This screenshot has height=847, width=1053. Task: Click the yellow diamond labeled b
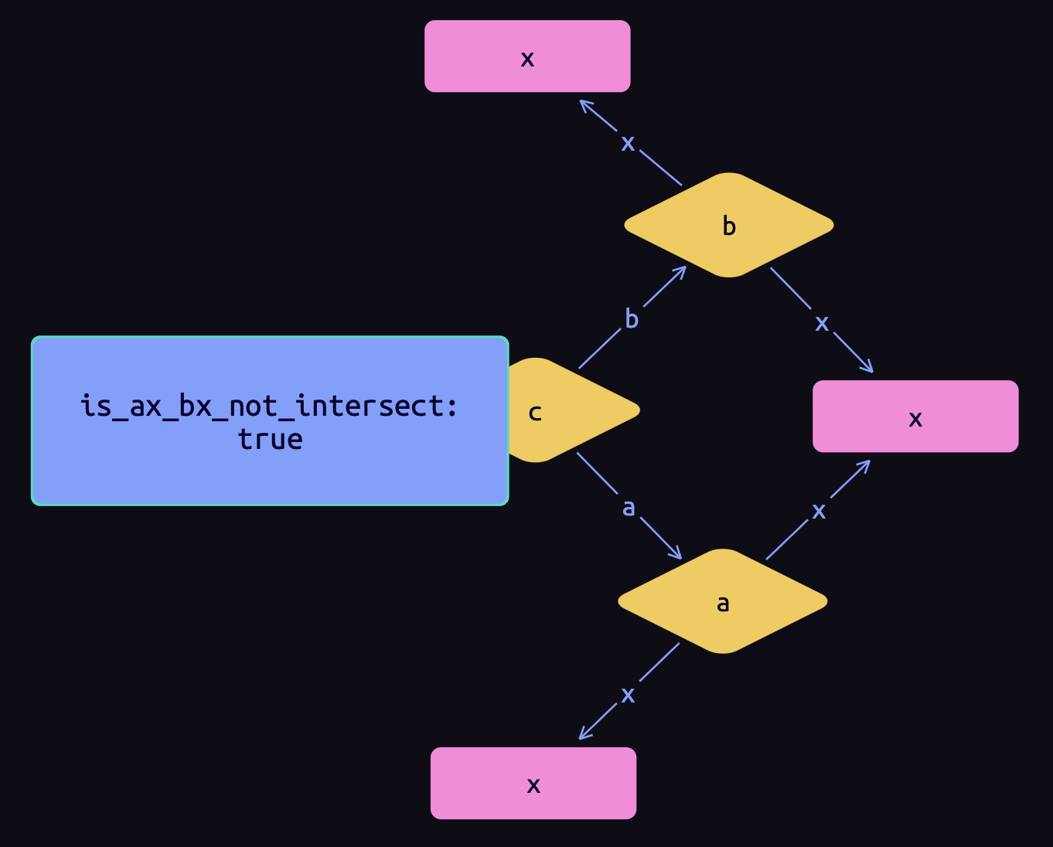coord(728,225)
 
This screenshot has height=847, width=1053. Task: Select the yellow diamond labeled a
coord(723,601)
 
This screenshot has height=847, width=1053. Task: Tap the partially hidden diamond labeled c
coord(576,410)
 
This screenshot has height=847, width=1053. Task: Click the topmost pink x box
coord(527,56)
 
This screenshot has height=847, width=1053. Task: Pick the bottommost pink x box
coord(533,783)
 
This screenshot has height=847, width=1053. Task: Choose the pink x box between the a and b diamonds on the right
coord(915,417)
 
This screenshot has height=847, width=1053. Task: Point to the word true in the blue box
coord(270,440)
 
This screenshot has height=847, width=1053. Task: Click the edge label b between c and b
coord(632,318)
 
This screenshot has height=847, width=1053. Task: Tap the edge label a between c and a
coord(629,508)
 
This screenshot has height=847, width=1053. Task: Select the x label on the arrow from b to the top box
coord(628,143)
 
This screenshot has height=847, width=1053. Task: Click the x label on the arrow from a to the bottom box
coord(628,695)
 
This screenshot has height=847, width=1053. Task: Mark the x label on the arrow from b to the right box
coord(822,323)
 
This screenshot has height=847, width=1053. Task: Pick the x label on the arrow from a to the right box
coord(819,511)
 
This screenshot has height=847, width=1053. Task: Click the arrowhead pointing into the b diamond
coord(681,271)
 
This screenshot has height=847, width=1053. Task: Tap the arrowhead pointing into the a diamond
coord(676,553)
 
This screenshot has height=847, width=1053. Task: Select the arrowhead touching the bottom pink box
coord(584,735)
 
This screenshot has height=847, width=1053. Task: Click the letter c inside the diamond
coord(535,413)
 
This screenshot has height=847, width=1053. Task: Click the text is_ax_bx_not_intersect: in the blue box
coord(270,406)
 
